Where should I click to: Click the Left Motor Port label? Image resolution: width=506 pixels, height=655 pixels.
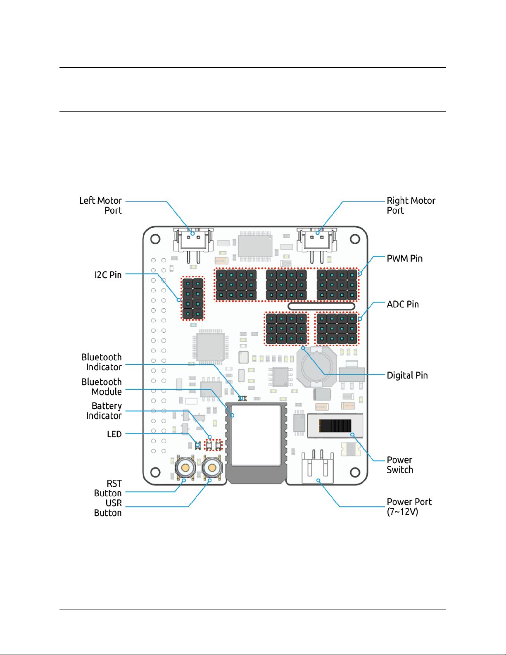(x=100, y=205)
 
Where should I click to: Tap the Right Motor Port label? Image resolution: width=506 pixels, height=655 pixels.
(x=411, y=205)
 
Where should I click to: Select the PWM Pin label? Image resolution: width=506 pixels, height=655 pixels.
(x=404, y=259)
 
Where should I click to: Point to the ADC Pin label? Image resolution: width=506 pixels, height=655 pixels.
(x=402, y=305)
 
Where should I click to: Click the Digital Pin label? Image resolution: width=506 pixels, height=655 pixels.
(x=407, y=375)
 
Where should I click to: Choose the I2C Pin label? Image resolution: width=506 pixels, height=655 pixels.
(x=108, y=275)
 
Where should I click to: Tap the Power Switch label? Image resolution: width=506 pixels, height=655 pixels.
(x=399, y=465)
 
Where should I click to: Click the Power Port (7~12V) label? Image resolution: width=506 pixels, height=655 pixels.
(x=409, y=507)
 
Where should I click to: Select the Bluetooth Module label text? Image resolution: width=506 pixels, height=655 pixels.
(x=102, y=387)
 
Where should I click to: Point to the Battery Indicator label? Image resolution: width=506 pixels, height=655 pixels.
(x=104, y=411)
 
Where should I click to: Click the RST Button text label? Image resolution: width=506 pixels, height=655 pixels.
(x=108, y=488)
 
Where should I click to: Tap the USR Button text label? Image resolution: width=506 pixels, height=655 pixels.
(x=108, y=508)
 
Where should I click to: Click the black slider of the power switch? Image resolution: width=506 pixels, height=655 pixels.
(x=335, y=426)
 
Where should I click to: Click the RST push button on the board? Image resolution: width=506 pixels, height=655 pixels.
(x=185, y=468)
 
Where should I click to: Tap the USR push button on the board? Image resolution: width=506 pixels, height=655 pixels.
(x=212, y=468)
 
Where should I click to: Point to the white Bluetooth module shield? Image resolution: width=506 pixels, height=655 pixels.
(x=256, y=435)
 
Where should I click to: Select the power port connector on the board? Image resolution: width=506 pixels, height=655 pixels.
(x=318, y=468)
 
